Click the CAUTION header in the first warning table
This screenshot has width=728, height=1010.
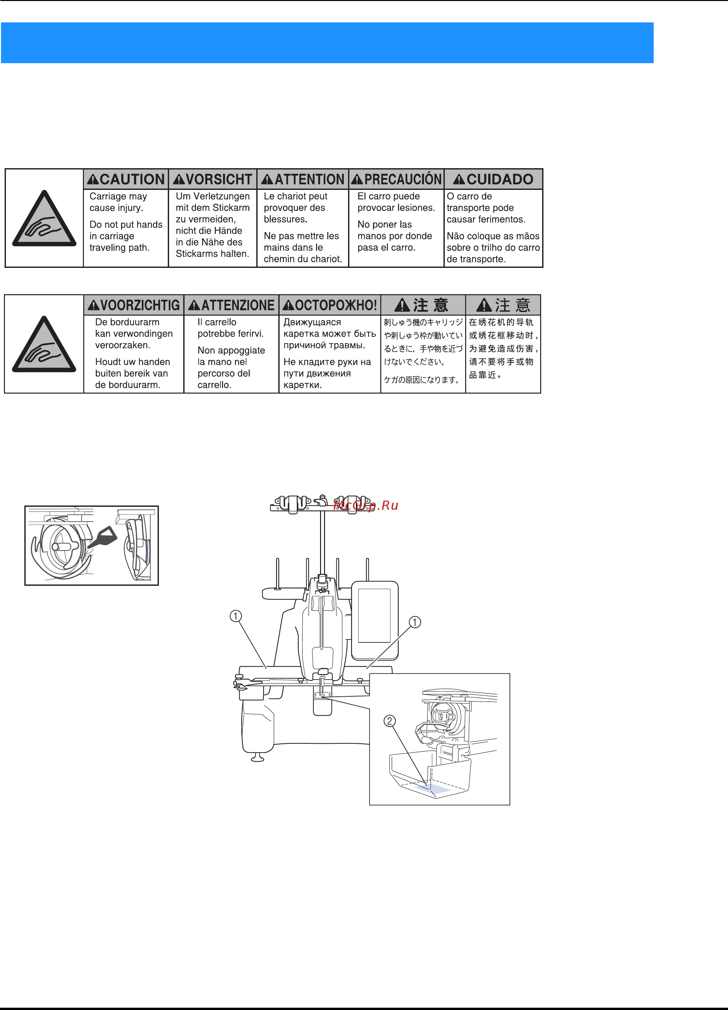[126, 179]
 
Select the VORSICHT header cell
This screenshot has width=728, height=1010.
[213, 179]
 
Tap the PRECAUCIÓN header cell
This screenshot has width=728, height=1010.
[396, 179]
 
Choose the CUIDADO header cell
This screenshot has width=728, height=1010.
[493, 179]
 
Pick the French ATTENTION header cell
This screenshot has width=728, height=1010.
[303, 179]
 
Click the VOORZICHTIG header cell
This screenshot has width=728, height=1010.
[134, 305]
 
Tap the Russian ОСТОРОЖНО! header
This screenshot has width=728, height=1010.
[330, 305]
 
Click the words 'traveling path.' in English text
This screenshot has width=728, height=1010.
[119, 247]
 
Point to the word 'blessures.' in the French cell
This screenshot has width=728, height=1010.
[286, 219]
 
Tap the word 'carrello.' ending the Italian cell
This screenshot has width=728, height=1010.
[214, 385]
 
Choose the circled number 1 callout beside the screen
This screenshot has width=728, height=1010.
[414, 622]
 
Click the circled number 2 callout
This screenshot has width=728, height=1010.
[389, 720]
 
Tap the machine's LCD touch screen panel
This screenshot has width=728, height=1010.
[374, 616]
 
